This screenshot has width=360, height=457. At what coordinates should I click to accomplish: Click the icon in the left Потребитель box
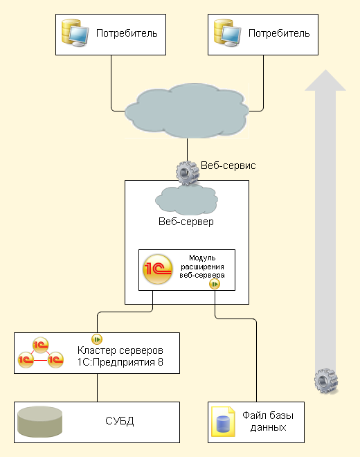click(x=75, y=33)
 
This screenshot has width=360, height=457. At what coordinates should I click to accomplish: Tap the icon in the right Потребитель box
click(x=227, y=33)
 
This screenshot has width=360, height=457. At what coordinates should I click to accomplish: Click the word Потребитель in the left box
click(x=127, y=33)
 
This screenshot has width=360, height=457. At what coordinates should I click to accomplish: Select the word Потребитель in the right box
click(x=279, y=33)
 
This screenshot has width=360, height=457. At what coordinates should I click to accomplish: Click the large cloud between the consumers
click(x=187, y=111)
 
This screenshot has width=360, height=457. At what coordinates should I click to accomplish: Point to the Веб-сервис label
click(x=228, y=165)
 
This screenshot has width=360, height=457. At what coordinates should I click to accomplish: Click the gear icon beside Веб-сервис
click(x=187, y=173)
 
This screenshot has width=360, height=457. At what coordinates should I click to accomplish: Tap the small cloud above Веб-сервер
click(x=186, y=200)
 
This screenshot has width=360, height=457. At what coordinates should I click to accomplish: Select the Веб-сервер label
click(x=186, y=222)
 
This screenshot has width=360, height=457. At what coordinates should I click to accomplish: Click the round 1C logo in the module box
click(x=157, y=269)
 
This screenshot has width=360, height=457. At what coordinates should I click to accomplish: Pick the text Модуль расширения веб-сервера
click(x=202, y=267)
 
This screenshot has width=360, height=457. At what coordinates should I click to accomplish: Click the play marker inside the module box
click(x=215, y=284)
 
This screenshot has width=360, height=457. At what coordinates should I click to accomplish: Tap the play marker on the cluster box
click(x=97, y=339)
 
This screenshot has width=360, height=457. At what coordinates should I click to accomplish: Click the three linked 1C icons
click(x=41, y=352)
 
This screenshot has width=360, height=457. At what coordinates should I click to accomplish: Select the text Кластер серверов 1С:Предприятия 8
click(x=120, y=356)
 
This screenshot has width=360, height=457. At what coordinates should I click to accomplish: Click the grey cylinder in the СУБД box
click(x=40, y=422)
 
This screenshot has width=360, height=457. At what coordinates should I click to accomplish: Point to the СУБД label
click(x=120, y=421)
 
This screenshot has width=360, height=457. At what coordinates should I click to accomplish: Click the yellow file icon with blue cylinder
click(x=223, y=422)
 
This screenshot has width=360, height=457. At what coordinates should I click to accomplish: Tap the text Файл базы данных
click(x=268, y=422)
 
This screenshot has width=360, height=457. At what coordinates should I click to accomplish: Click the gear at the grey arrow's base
click(x=326, y=381)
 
